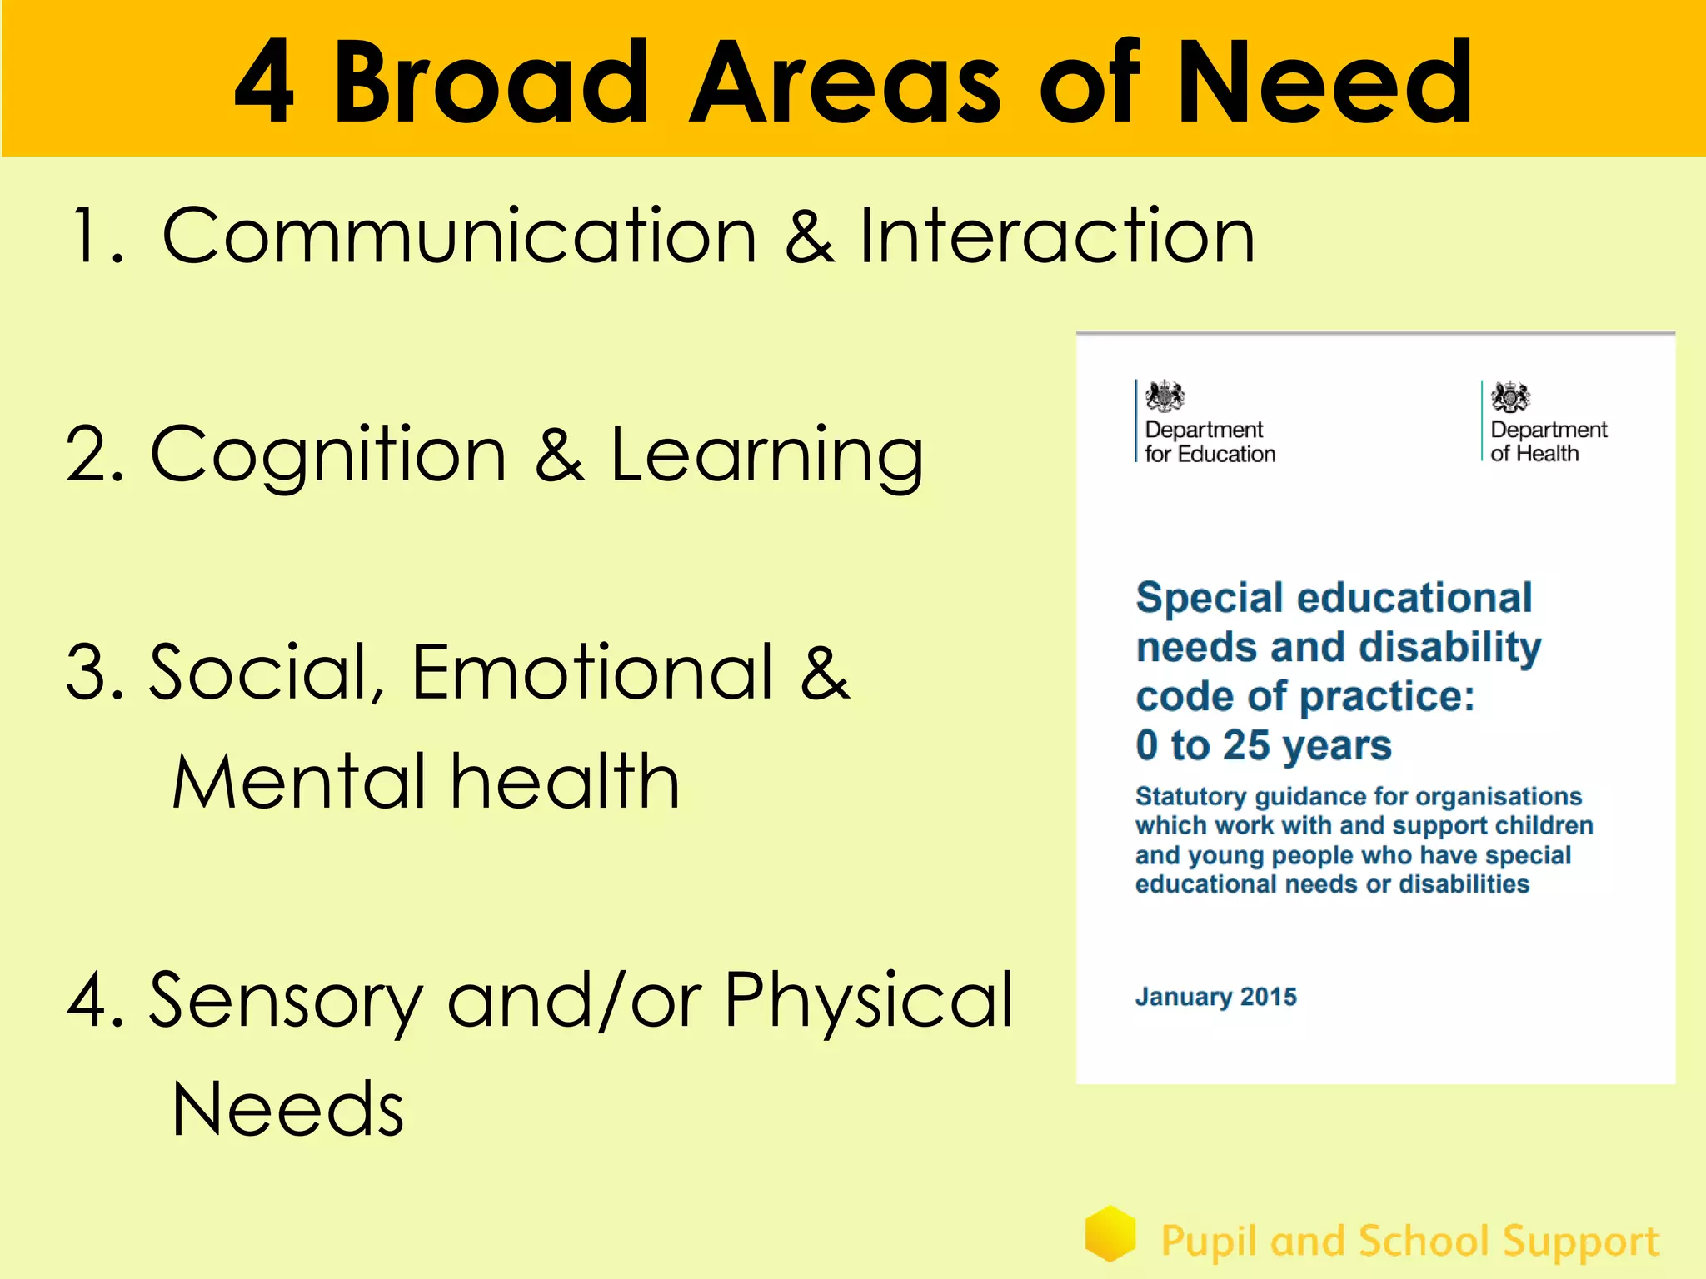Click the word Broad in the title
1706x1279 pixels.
coord(491,83)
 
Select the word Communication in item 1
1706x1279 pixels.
coord(459,237)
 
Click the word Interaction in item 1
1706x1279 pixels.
coord(1056,237)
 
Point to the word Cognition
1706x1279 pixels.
coord(328,456)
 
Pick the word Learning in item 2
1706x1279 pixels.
coord(766,456)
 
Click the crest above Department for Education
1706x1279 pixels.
coord(1165,396)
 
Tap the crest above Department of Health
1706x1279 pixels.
coord(1510,397)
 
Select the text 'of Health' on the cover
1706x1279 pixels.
coord(1534,454)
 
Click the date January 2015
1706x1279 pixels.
coord(1215,997)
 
